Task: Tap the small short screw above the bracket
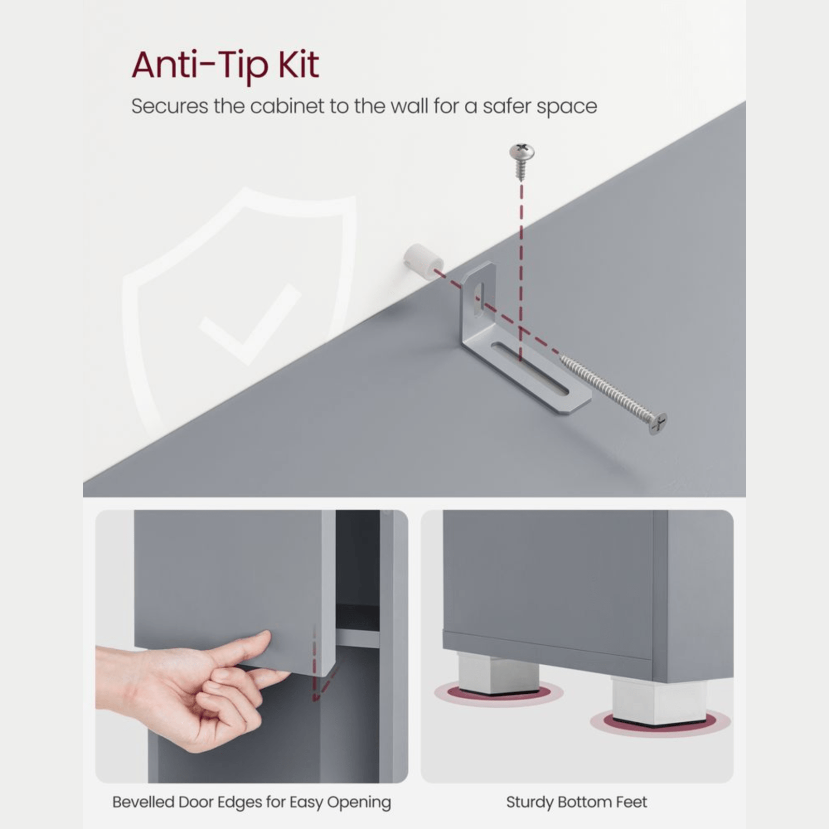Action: pos(521,161)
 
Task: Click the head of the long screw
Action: pos(658,423)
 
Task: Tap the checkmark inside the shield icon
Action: pos(250,324)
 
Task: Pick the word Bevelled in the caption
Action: pos(144,802)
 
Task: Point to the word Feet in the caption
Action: pos(632,802)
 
